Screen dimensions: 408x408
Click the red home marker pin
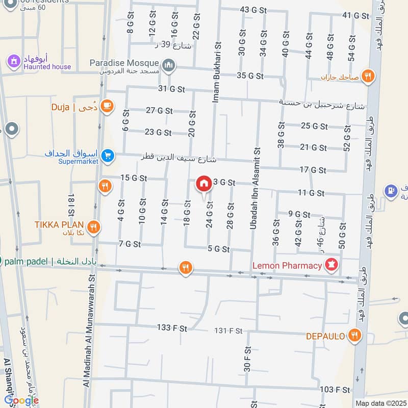203,184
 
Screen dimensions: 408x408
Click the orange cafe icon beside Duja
107,106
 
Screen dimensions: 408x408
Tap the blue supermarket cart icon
107,156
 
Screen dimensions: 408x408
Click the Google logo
21,400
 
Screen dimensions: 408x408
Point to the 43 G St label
253,10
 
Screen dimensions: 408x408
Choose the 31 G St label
171,89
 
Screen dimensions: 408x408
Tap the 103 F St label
335,390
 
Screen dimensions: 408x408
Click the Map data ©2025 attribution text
379,403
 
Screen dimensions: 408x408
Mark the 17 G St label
313,170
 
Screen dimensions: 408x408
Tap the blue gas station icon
392,191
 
